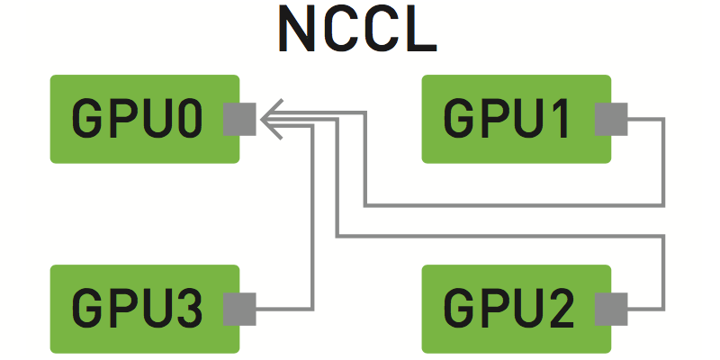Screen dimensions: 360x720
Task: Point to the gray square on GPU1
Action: tap(612, 119)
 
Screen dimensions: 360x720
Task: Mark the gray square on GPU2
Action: tap(612, 309)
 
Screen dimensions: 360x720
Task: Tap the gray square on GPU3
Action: tap(240, 309)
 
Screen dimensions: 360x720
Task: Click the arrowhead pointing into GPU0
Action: tap(273, 119)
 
